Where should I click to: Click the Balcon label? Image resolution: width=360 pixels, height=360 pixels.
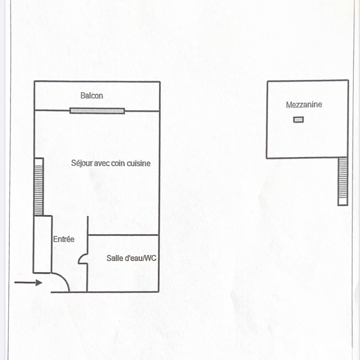(x=91, y=95)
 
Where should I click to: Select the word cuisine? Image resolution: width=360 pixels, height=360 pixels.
(x=139, y=163)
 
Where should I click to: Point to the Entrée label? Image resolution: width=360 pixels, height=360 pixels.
(x=64, y=239)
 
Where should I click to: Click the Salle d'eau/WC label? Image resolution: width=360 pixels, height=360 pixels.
(x=131, y=258)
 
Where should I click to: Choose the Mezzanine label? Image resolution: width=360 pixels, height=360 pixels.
(x=304, y=105)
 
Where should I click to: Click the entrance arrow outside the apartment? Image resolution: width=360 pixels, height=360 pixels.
(x=28, y=282)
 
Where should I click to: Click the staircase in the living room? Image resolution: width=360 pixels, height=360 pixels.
(x=39, y=186)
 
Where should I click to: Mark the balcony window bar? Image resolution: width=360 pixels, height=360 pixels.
(x=97, y=111)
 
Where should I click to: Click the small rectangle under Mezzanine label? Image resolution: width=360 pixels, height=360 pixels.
(x=298, y=120)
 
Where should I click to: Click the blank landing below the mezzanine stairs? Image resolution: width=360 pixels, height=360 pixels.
(x=343, y=201)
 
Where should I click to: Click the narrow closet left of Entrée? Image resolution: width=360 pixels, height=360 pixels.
(x=42, y=244)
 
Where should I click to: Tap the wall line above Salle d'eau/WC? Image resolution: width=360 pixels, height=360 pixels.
(x=123, y=235)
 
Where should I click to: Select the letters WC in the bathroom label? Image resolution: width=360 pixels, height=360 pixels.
(x=151, y=258)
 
